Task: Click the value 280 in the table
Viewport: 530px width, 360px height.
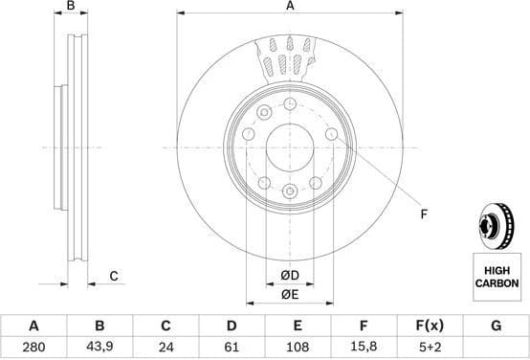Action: pyautogui.click(x=35, y=347)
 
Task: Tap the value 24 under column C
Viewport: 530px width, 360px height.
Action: pyautogui.click(x=165, y=347)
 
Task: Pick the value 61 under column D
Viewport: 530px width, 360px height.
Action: pyautogui.click(x=231, y=347)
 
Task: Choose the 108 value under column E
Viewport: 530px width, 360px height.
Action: pyautogui.click(x=298, y=347)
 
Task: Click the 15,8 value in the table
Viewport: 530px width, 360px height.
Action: pyautogui.click(x=364, y=347)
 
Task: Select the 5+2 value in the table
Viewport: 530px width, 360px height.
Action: pyautogui.click(x=429, y=347)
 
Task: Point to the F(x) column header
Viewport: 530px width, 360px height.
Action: pyautogui.click(x=429, y=326)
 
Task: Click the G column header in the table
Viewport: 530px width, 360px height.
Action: pyautogui.click(x=496, y=326)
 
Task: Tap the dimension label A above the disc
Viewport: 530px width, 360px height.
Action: pyautogui.click(x=290, y=7)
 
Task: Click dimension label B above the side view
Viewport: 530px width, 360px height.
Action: pyautogui.click(x=71, y=7)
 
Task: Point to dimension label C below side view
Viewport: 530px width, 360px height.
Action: pyautogui.click(x=113, y=277)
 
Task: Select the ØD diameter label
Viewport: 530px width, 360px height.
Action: pyautogui.click(x=290, y=277)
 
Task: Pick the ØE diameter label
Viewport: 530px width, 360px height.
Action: pyautogui.click(x=290, y=295)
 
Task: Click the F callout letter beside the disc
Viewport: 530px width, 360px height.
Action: pyautogui.click(x=424, y=214)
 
